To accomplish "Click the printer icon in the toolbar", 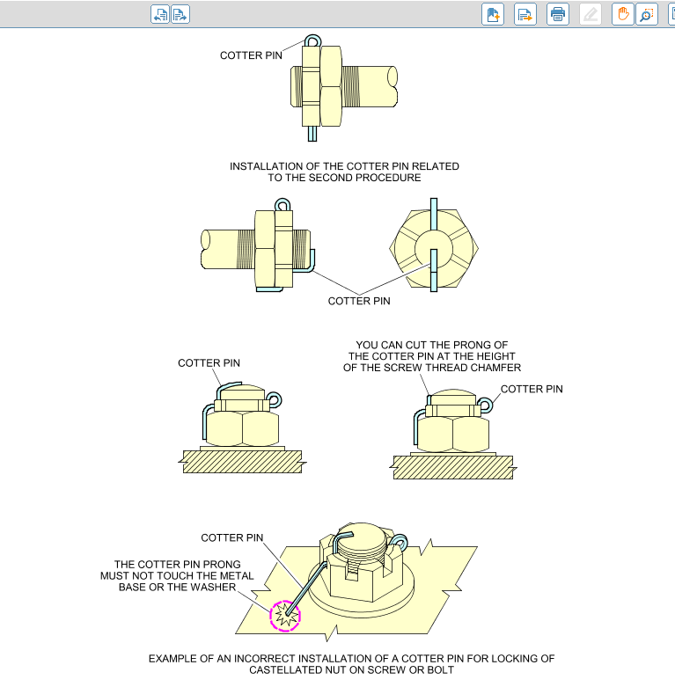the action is (558, 14).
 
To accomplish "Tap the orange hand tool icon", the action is (623, 14).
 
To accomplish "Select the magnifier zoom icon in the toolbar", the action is (647, 14).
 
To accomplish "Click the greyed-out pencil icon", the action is (591, 14).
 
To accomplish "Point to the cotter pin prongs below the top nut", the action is (312, 134).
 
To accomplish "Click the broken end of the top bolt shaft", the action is (393, 87).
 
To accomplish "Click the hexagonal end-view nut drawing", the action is (434, 248).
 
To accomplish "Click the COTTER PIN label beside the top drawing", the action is (251, 55).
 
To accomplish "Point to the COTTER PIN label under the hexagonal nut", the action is (359, 301).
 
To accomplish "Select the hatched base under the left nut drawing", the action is (242, 462).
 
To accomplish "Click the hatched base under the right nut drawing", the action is (453, 467).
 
